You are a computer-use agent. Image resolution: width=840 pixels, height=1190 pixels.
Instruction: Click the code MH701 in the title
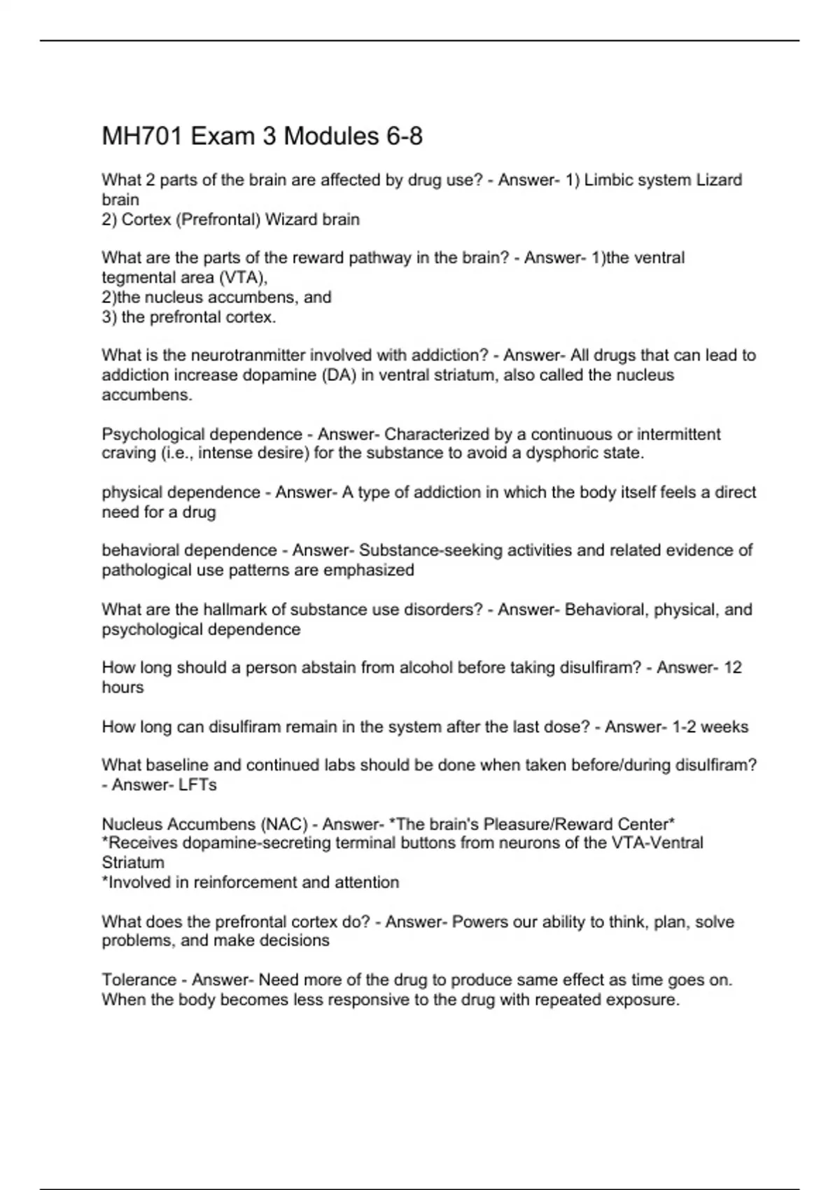click(143, 136)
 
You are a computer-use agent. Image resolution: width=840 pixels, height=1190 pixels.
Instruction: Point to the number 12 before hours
click(732, 667)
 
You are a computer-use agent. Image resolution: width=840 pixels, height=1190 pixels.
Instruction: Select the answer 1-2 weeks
click(710, 727)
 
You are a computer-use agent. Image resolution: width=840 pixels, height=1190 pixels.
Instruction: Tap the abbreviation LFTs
click(197, 785)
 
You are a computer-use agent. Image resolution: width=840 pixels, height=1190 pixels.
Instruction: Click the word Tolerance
click(139, 979)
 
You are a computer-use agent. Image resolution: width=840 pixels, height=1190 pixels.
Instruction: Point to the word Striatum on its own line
click(133, 862)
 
